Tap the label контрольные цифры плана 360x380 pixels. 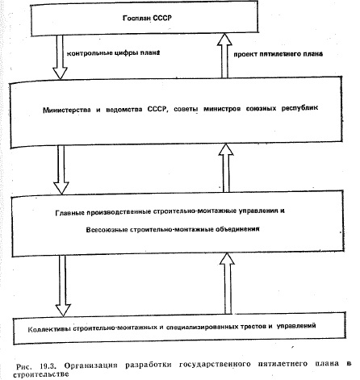pos(113,52)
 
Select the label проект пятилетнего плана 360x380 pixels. pos(278,54)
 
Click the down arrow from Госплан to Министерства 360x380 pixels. pos(60,57)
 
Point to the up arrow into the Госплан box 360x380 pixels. pos(224,56)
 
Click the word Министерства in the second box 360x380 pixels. pos(67,110)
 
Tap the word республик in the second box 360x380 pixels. pos(299,108)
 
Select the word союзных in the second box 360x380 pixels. pos(261,108)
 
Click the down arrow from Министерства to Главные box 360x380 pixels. pos(61,169)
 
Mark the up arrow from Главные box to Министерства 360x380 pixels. pos(226,168)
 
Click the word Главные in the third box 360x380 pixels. pos(68,213)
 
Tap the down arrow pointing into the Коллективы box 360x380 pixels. pos(63,286)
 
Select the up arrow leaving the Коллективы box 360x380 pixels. pos(228,283)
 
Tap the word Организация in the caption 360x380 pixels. pos(91,365)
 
